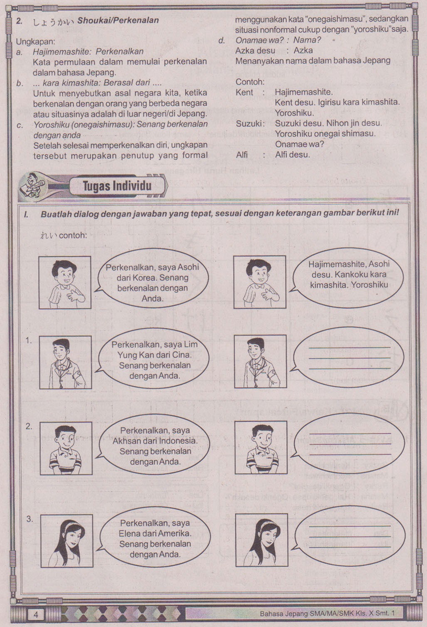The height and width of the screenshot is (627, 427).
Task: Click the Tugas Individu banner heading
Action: pyautogui.click(x=117, y=186)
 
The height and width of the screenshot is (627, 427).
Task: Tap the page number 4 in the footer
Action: pyautogui.click(x=35, y=615)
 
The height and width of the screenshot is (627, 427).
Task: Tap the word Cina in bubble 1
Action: pyautogui.click(x=182, y=355)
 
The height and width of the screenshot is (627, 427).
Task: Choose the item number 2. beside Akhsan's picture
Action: pyautogui.click(x=29, y=426)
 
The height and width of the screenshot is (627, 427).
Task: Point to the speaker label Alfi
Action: pyautogui.click(x=242, y=154)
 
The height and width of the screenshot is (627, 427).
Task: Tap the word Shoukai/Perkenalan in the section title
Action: pyautogui.click(x=118, y=20)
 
